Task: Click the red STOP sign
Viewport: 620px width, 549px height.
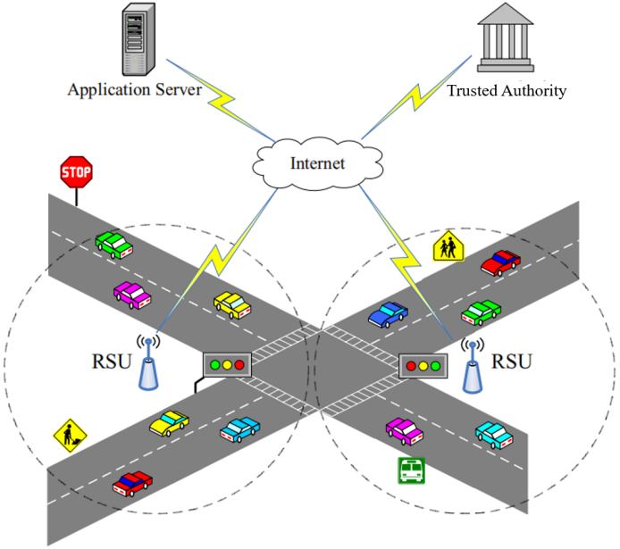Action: tap(77, 171)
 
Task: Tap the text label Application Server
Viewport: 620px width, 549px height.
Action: tap(134, 90)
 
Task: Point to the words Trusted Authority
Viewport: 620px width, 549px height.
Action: tap(507, 90)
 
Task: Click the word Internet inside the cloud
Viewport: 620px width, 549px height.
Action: tap(317, 163)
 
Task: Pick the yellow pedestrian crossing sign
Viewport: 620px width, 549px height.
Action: tap(448, 246)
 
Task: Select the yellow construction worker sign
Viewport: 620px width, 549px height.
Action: tap(69, 436)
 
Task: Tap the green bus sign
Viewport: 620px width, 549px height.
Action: tap(411, 470)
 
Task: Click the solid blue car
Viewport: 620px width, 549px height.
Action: tap(388, 313)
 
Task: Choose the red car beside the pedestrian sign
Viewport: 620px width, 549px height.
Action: tap(500, 262)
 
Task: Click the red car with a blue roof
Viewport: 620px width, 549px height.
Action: tap(132, 483)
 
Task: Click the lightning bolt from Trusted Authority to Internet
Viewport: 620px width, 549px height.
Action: tap(413, 101)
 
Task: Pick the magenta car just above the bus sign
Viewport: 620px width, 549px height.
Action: tap(404, 430)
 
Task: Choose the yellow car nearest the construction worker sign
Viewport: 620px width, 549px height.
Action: tap(170, 422)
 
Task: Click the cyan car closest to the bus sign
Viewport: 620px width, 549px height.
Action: tap(493, 434)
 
